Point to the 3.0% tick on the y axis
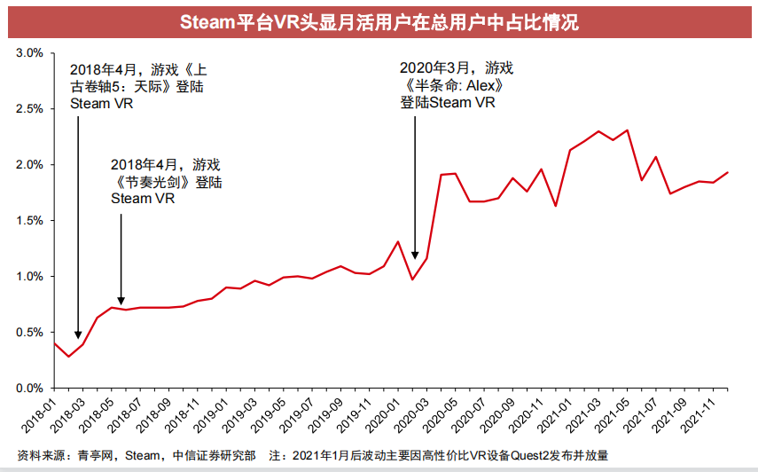28,53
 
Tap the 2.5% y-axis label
28,109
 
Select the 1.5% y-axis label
28,221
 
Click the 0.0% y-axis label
28,389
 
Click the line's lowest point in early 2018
68,357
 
